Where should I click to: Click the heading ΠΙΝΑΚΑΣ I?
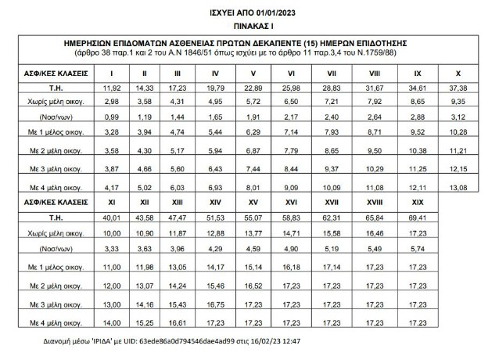tap(249, 25)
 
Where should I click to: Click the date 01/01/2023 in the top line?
tap(276, 10)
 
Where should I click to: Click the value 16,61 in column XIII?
tap(181, 322)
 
